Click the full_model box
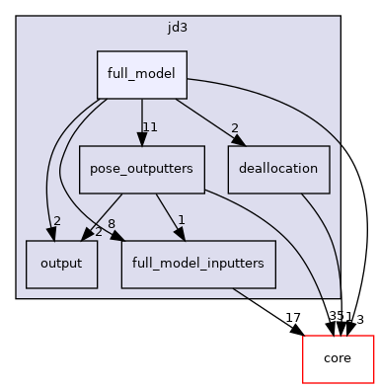click(x=141, y=74)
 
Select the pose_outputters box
click(x=141, y=169)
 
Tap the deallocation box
click(x=278, y=169)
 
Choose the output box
click(x=61, y=264)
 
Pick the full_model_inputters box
click(x=198, y=264)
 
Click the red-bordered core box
click(x=337, y=358)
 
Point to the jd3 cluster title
click(x=178, y=29)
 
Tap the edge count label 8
click(x=112, y=223)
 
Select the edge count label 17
click(x=292, y=317)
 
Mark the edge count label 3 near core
click(x=361, y=318)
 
